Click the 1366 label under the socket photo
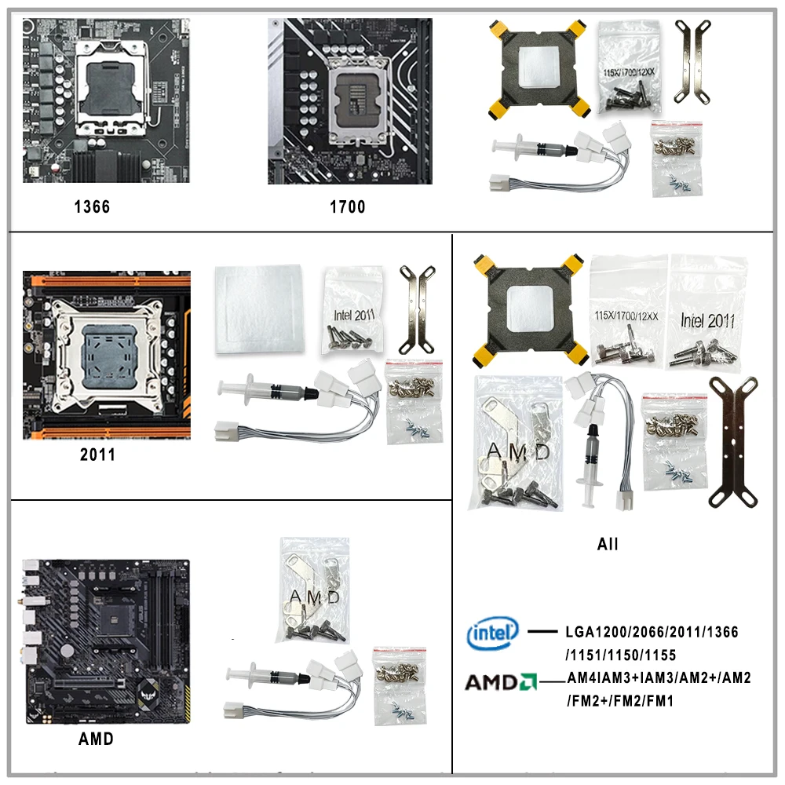click(92, 207)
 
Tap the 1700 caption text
click(347, 207)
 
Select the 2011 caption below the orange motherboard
click(97, 455)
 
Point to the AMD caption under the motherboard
click(96, 739)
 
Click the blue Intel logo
click(493, 633)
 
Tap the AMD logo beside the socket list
click(501, 681)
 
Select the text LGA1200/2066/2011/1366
click(652, 632)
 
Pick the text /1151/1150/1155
click(620, 655)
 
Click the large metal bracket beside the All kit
click(732, 444)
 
